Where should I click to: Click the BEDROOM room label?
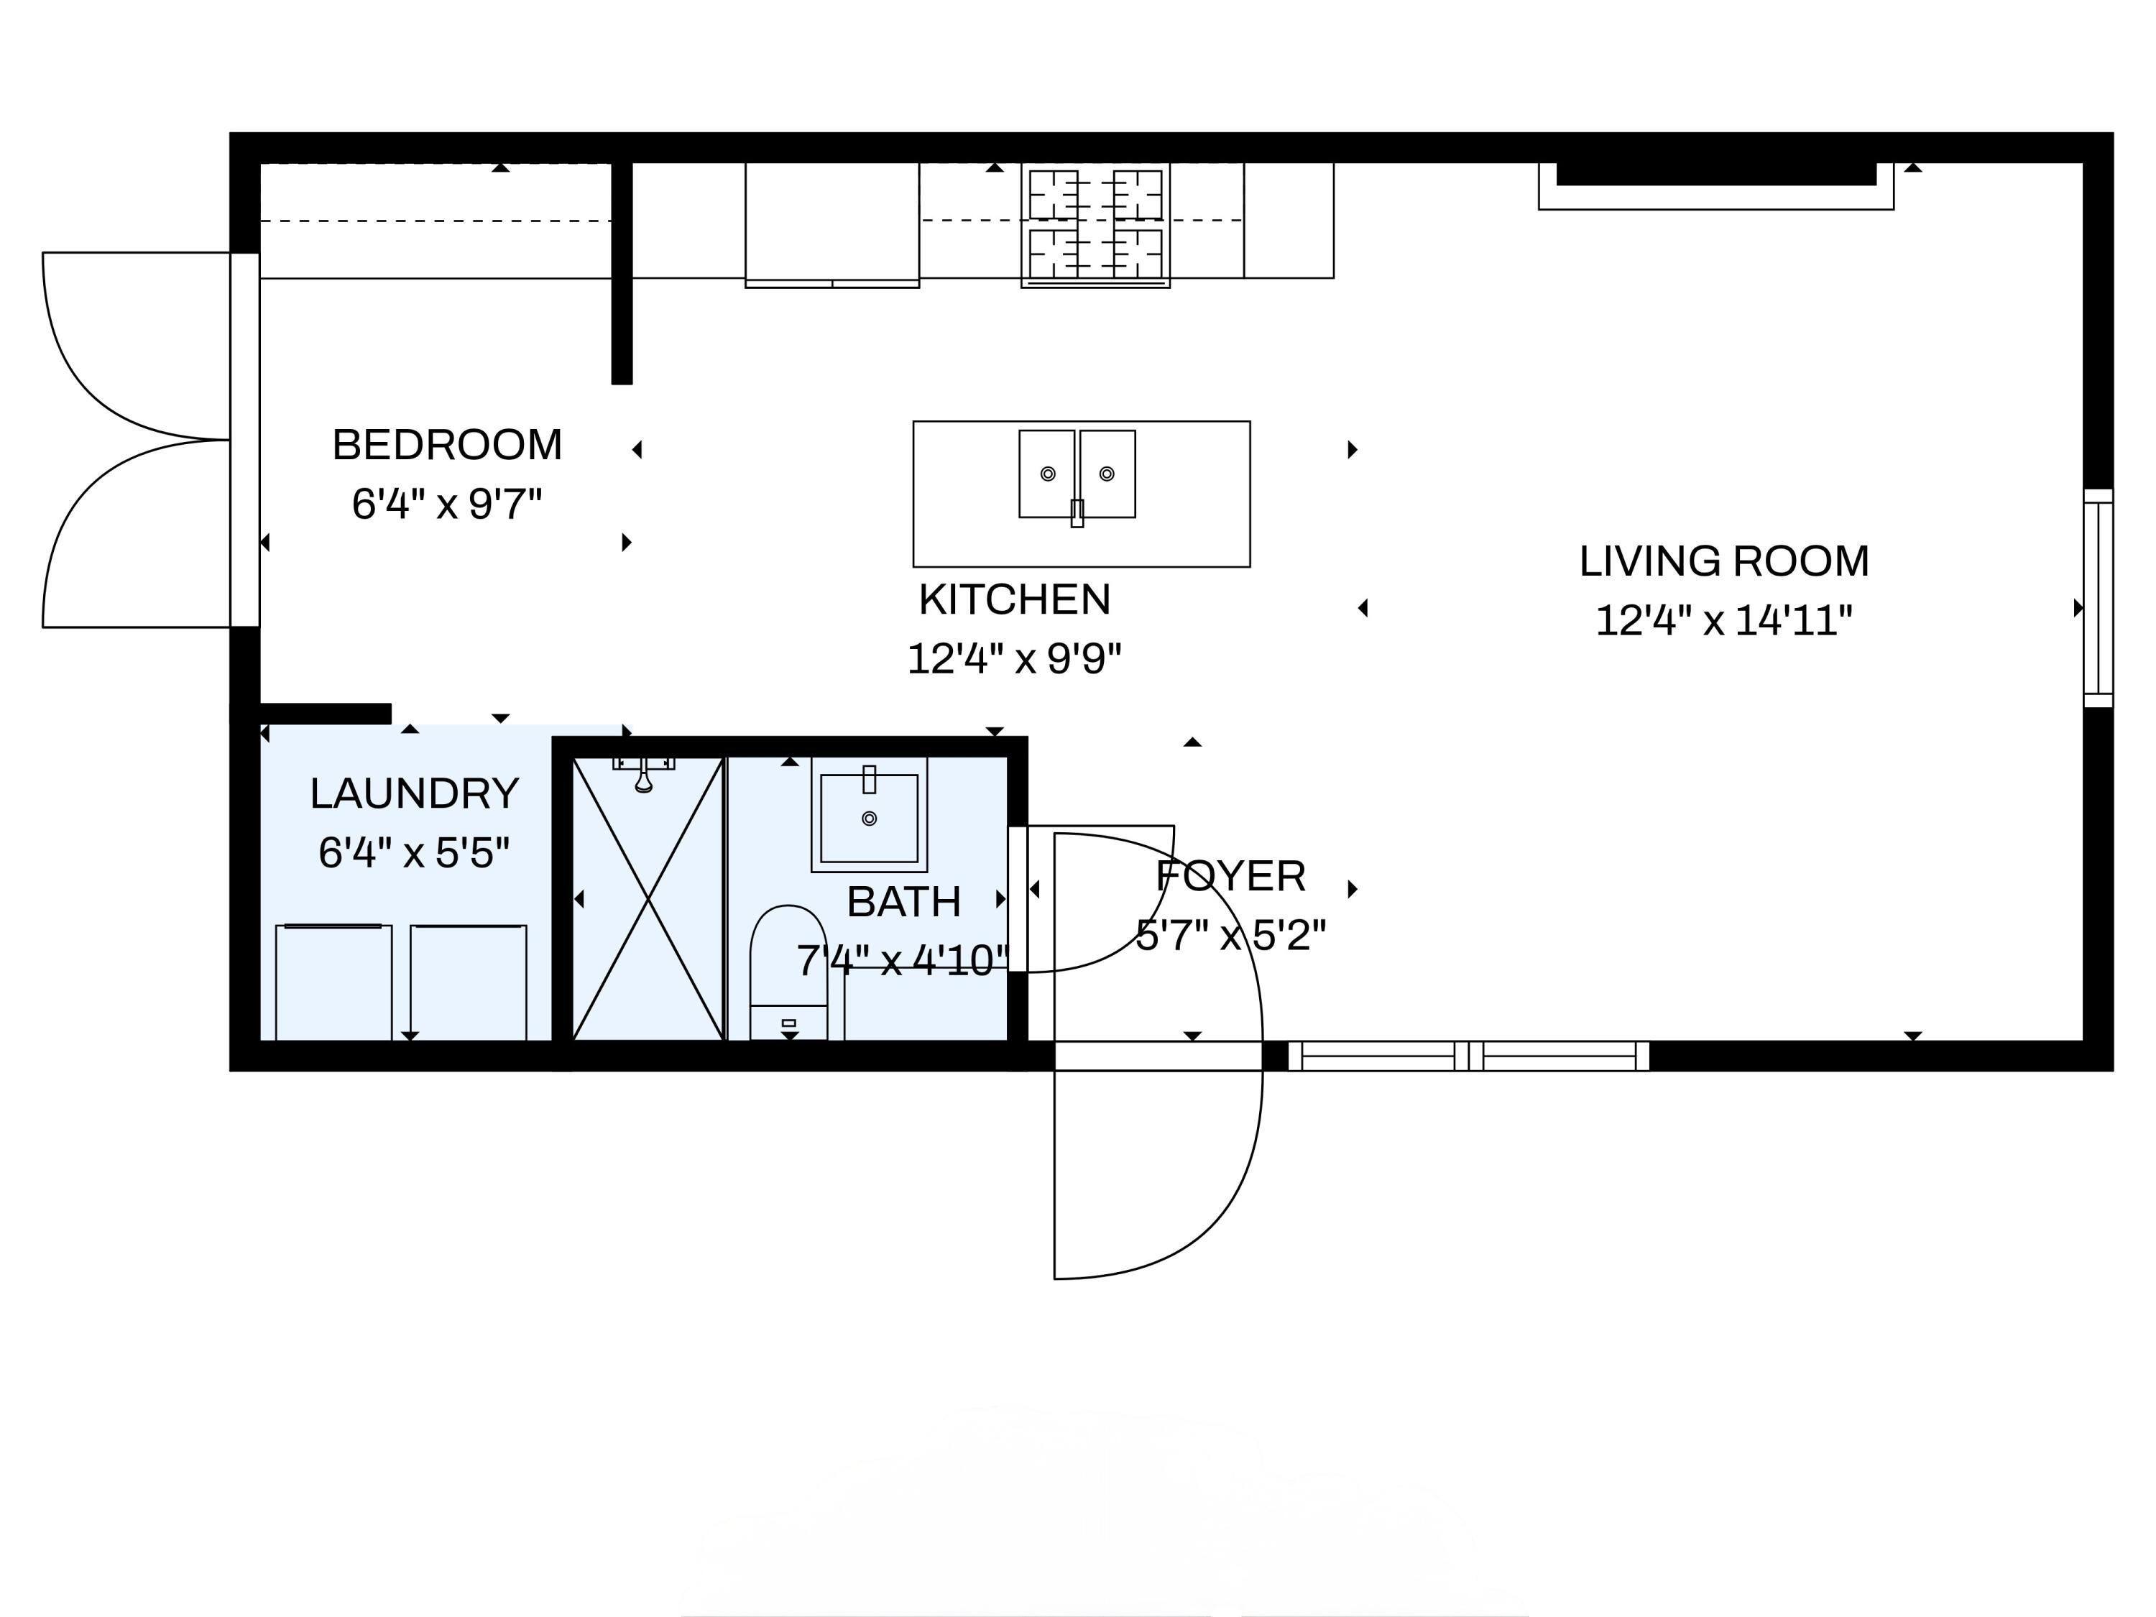(x=448, y=446)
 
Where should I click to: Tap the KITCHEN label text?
(x=1015, y=599)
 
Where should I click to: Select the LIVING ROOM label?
(x=1724, y=561)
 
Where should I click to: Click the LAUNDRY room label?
(x=414, y=793)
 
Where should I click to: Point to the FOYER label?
(x=1231, y=876)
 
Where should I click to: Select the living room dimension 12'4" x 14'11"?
(x=1724, y=621)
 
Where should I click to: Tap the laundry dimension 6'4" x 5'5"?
(x=414, y=853)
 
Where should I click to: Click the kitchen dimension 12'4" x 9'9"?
(x=1015, y=659)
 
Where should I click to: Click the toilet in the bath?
(x=788, y=973)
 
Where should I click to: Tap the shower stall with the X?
(x=648, y=898)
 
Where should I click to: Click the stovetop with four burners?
(x=1095, y=225)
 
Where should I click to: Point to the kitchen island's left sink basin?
(x=1048, y=474)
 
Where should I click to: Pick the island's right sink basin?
(x=1107, y=474)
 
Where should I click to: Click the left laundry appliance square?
(x=334, y=982)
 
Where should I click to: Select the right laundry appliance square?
(x=469, y=982)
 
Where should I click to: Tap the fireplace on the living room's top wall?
(x=1716, y=186)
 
